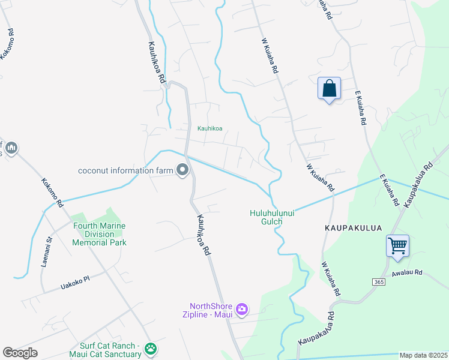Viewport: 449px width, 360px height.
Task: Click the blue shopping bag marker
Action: (x=329, y=89)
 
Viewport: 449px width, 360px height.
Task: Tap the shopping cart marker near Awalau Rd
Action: (x=397, y=246)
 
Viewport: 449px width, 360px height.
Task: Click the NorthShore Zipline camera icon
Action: (x=242, y=310)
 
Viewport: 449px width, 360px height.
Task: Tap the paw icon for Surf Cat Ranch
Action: (x=150, y=349)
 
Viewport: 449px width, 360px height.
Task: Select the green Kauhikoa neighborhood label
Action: (x=210, y=128)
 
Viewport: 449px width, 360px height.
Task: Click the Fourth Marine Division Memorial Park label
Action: (x=99, y=234)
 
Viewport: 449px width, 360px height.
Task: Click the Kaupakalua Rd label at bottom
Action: (x=316, y=329)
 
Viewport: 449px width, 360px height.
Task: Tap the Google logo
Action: (x=20, y=353)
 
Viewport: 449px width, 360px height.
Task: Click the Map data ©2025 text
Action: (x=424, y=355)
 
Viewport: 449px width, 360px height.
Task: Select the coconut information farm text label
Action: (x=125, y=170)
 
